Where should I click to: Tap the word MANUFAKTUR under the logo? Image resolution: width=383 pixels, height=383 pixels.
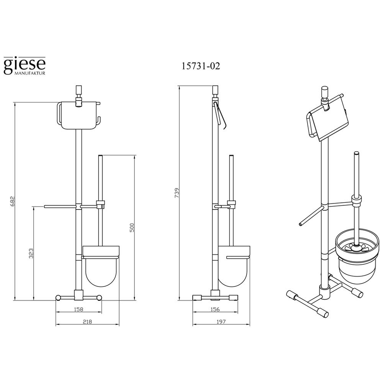click(x=30, y=73)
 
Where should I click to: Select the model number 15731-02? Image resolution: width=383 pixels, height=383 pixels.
click(x=201, y=66)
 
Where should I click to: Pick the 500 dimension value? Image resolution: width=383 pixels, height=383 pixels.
click(x=132, y=228)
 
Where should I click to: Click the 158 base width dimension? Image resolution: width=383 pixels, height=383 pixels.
click(x=79, y=309)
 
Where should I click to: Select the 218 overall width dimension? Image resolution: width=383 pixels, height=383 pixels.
click(x=87, y=322)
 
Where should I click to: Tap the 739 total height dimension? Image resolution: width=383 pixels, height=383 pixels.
click(x=177, y=193)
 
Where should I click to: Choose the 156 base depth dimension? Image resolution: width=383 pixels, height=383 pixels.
click(x=215, y=309)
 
